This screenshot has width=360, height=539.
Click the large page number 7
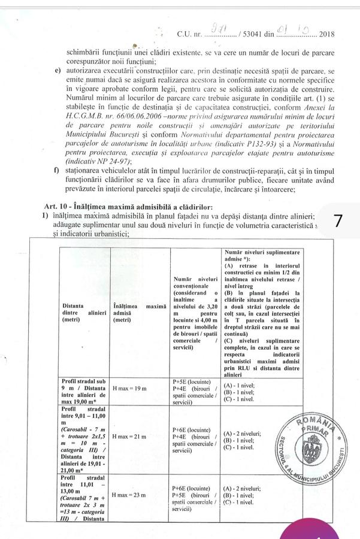(338, 220)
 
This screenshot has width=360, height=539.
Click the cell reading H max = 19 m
(129, 389)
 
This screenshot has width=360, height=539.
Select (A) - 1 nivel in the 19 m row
(241, 382)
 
